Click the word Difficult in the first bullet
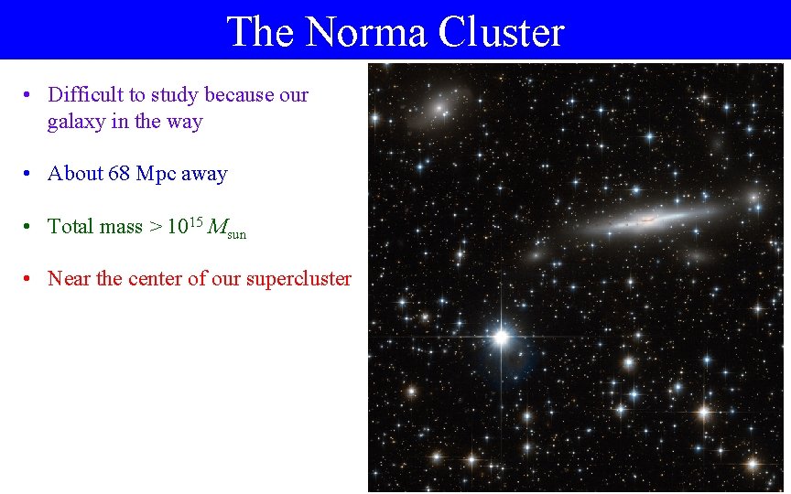88,95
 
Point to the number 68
119,174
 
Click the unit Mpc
157,174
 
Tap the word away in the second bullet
204,174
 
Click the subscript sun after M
236,233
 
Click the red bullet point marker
30,279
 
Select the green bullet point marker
30,227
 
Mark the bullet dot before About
30,174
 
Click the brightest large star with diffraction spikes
501,338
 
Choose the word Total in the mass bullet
70,227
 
